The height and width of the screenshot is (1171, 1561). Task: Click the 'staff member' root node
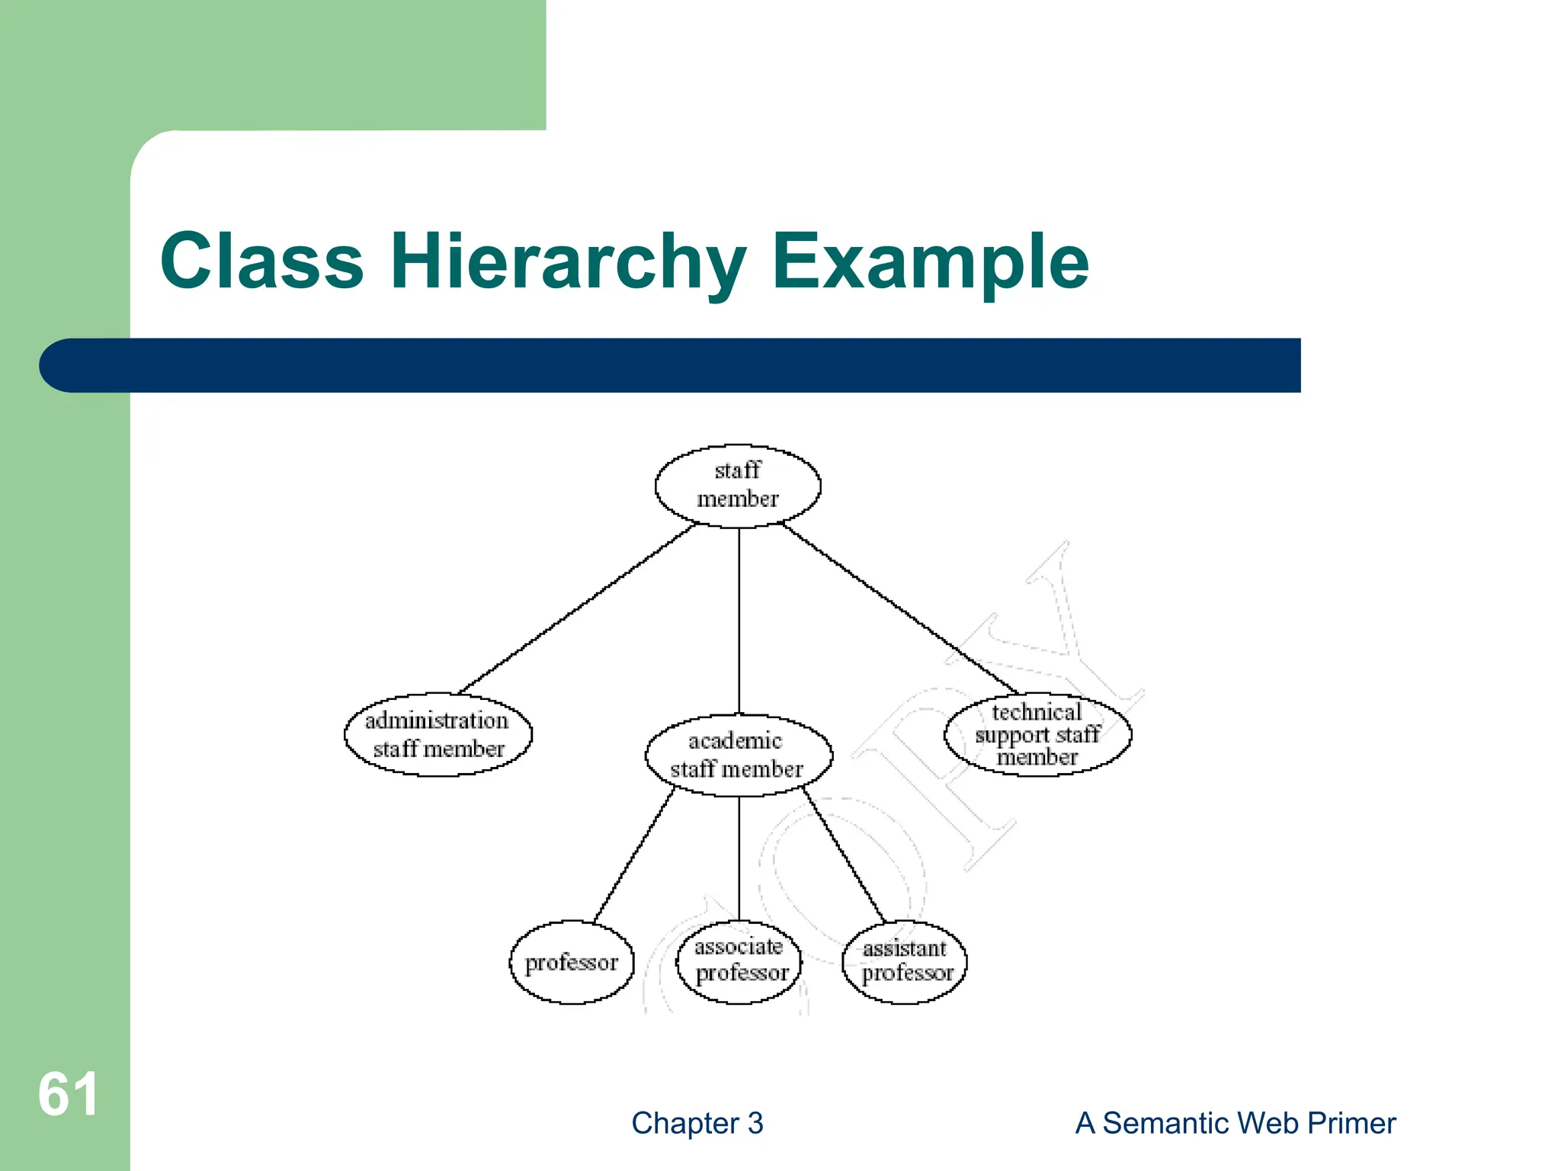point(738,486)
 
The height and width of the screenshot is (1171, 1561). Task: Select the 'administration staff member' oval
point(438,735)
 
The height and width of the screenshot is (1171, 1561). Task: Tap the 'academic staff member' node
point(738,756)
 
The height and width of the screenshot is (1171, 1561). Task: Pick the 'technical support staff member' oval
point(1037,735)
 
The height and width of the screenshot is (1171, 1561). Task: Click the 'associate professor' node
point(739,961)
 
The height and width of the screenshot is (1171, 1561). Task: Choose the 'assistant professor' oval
point(905,961)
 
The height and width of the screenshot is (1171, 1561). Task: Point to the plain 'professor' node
point(572,962)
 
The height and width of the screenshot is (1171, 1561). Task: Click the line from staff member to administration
point(578,608)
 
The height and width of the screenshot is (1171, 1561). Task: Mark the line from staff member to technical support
point(899,608)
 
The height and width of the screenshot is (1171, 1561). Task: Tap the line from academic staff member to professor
point(634,857)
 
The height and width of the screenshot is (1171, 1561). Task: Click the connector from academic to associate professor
point(739,858)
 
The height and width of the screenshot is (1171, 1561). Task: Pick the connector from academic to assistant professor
point(844,857)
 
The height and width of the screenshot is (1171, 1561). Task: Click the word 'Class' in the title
point(262,261)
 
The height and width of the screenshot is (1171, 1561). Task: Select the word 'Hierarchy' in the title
point(568,261)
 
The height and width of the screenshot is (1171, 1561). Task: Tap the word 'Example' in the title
point(931,261)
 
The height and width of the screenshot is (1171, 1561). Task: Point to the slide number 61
point(68,1094)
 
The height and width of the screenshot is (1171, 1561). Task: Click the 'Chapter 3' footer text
point(697,1123)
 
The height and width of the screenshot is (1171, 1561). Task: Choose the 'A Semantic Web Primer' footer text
point(1236,1123)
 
